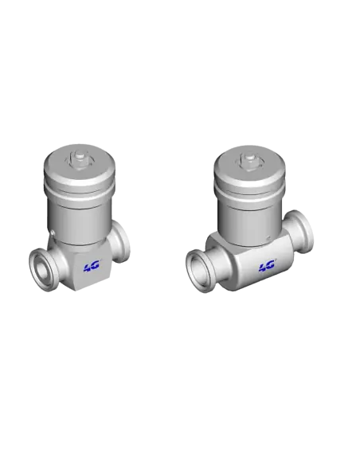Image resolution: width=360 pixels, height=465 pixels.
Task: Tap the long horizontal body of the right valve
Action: (255, 267)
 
